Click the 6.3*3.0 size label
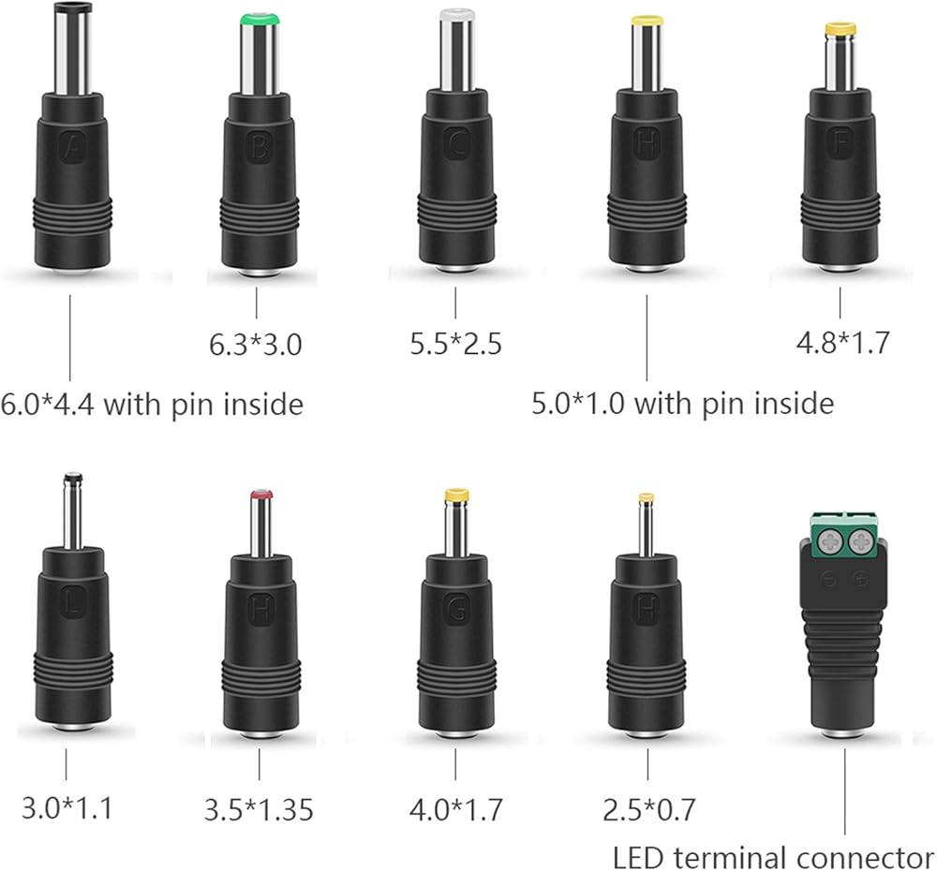[255, 345]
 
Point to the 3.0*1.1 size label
[66, 807]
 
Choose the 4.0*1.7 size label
[456, 807]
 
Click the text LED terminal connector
[773, 856]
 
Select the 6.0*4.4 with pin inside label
[152, 404]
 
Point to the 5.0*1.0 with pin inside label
[683, 404]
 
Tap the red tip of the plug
[261, 494]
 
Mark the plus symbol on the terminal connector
[860, 580]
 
